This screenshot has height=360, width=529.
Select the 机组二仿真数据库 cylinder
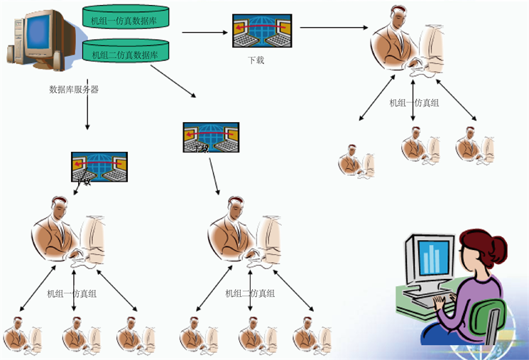[126, 52]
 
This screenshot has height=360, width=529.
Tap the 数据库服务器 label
[74, 89]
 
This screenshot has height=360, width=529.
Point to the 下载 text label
[256, 60]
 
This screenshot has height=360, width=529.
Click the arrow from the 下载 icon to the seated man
[334, 28]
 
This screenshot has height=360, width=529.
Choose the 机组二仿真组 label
[250, 293]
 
